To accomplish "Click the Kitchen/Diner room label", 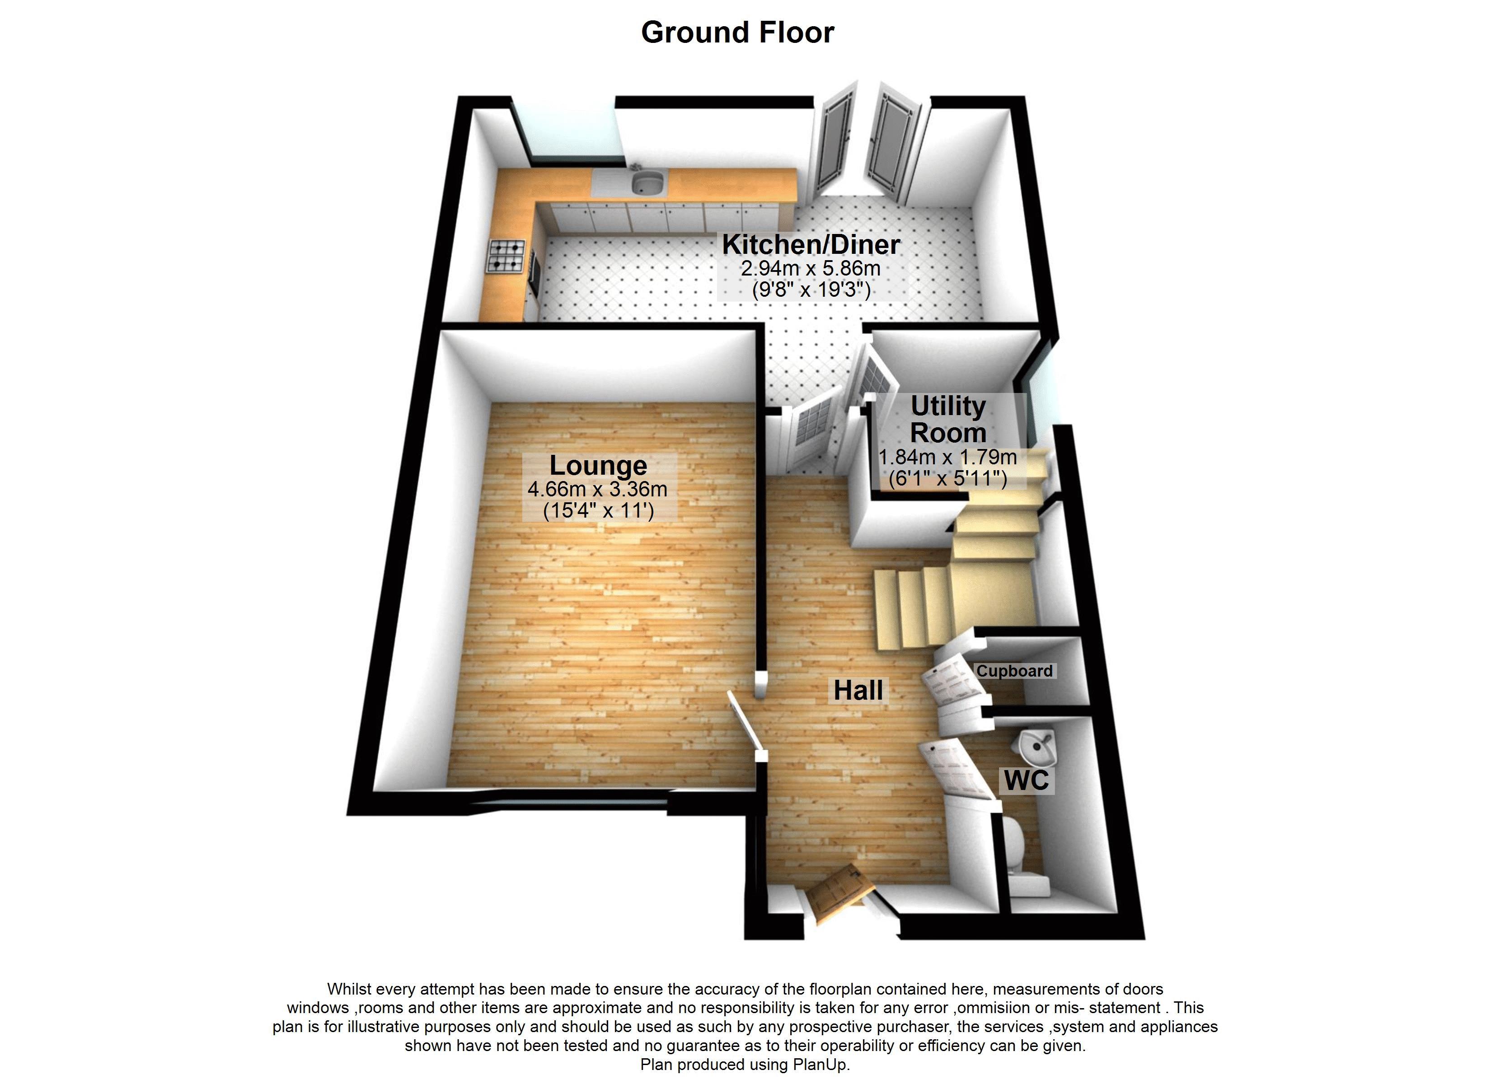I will pyautogui.click(x=811, y=244).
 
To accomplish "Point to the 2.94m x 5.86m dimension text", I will pyautogui.click(x=810, y=268).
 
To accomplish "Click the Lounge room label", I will pyautogui.click(x=598, y=465).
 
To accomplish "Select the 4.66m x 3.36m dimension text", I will pyautogui.click(x=598, y=489).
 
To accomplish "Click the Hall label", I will pyautogui.click(x=858, y=690).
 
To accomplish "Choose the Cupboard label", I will pyautogui.click(x=1014, y=671).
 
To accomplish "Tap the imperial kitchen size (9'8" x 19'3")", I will pyautogui.click(x=811, y=289).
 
